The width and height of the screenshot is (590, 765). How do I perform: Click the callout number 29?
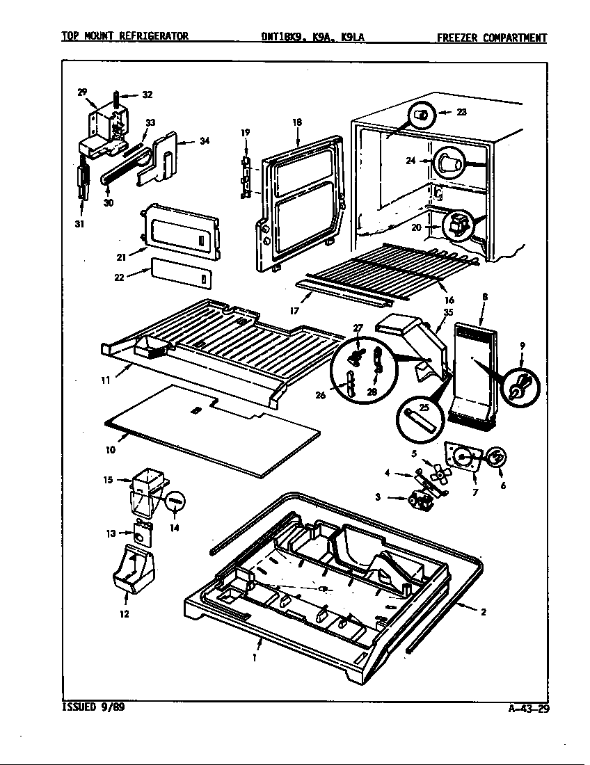tap(82, 92)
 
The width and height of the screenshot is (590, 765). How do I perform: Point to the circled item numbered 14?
tap(176, 499)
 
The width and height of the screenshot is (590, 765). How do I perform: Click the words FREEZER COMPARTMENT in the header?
tap(491, 38)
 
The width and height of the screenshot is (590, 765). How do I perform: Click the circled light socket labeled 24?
tap(445, 165)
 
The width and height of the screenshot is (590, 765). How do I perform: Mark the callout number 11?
tap(104, 380)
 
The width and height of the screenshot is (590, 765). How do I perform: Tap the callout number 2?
tap(482, 612)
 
